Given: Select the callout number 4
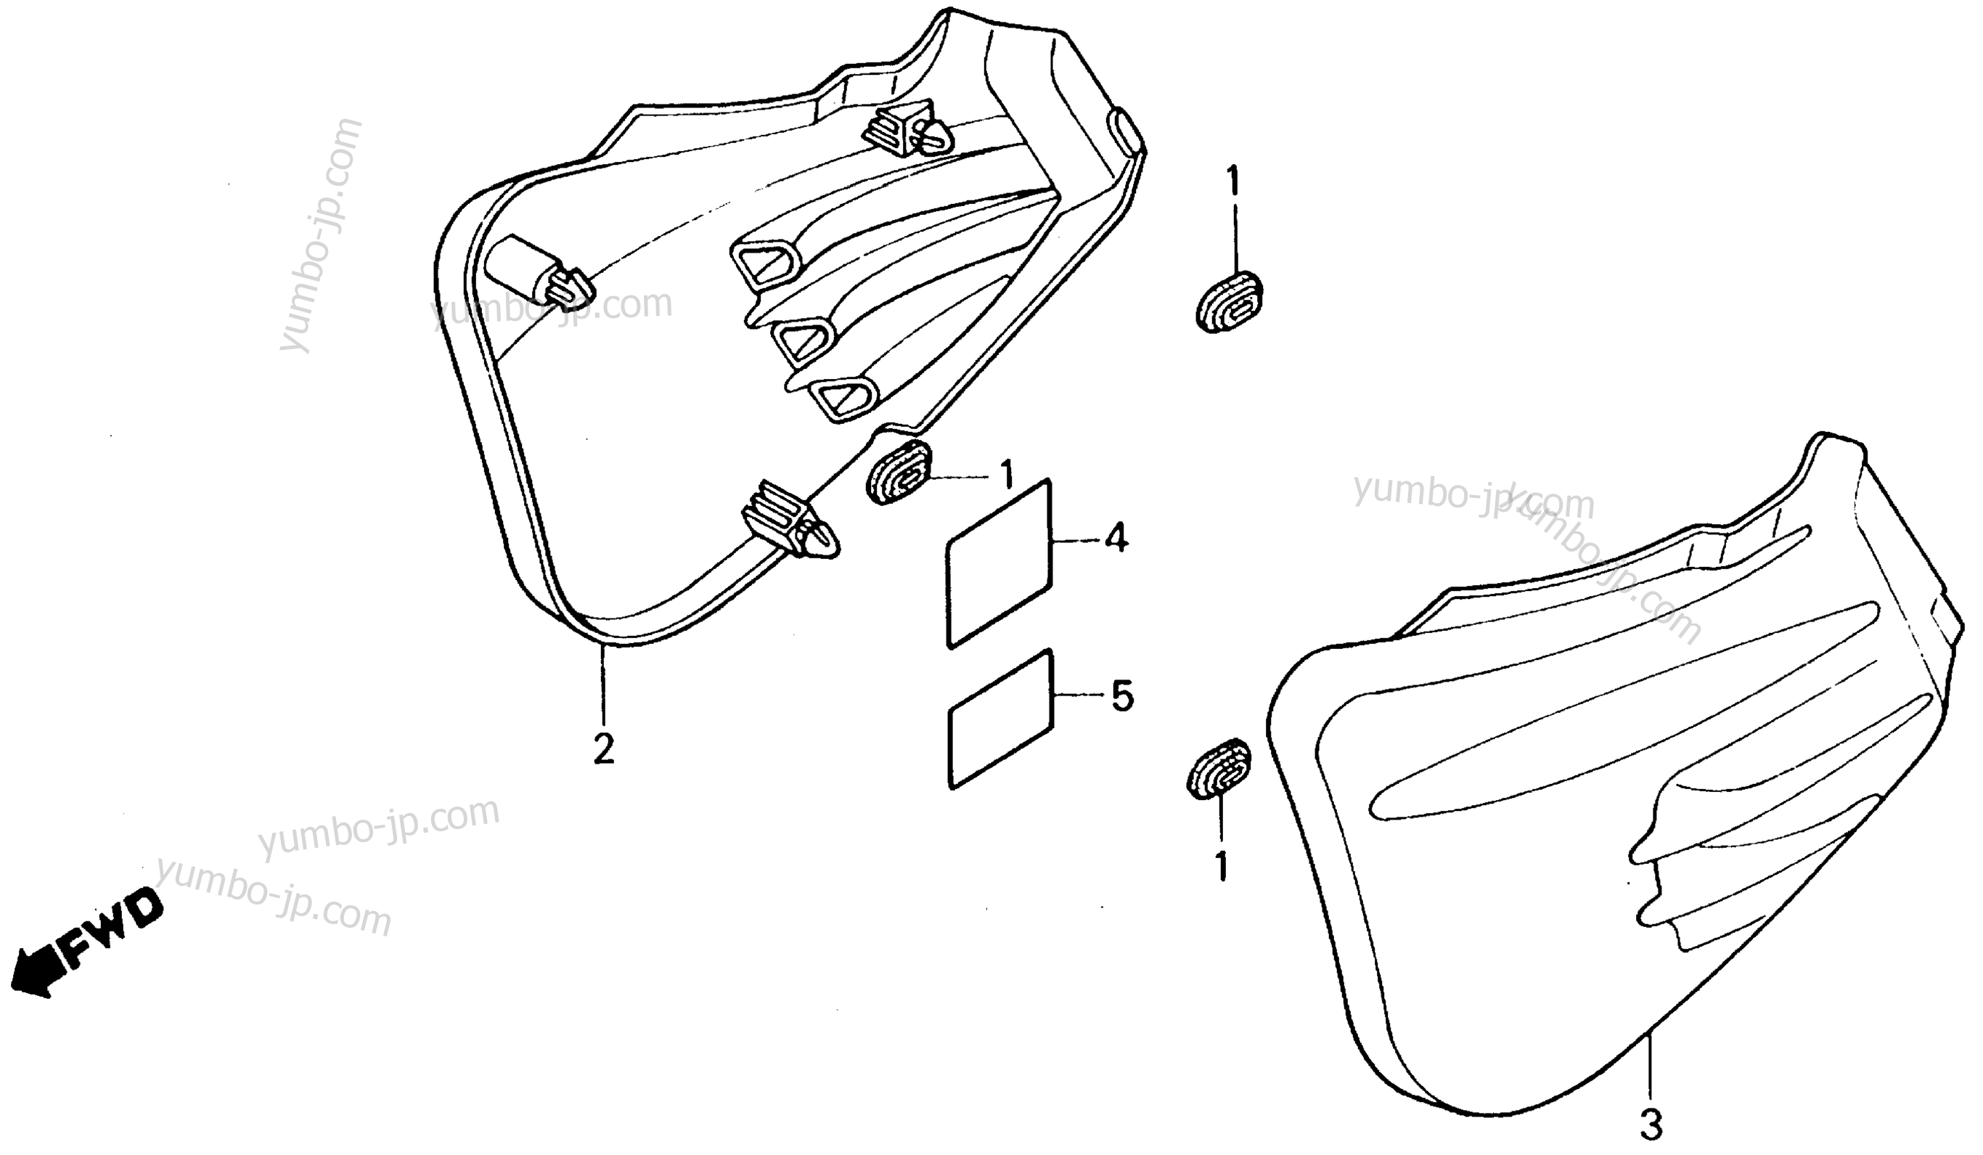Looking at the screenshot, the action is click(1116, 539).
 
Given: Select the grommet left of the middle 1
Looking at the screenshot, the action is click(899, 473).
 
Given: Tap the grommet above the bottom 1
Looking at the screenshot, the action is click(1218, 769).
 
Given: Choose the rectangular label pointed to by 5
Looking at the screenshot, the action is click(1001, 718).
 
